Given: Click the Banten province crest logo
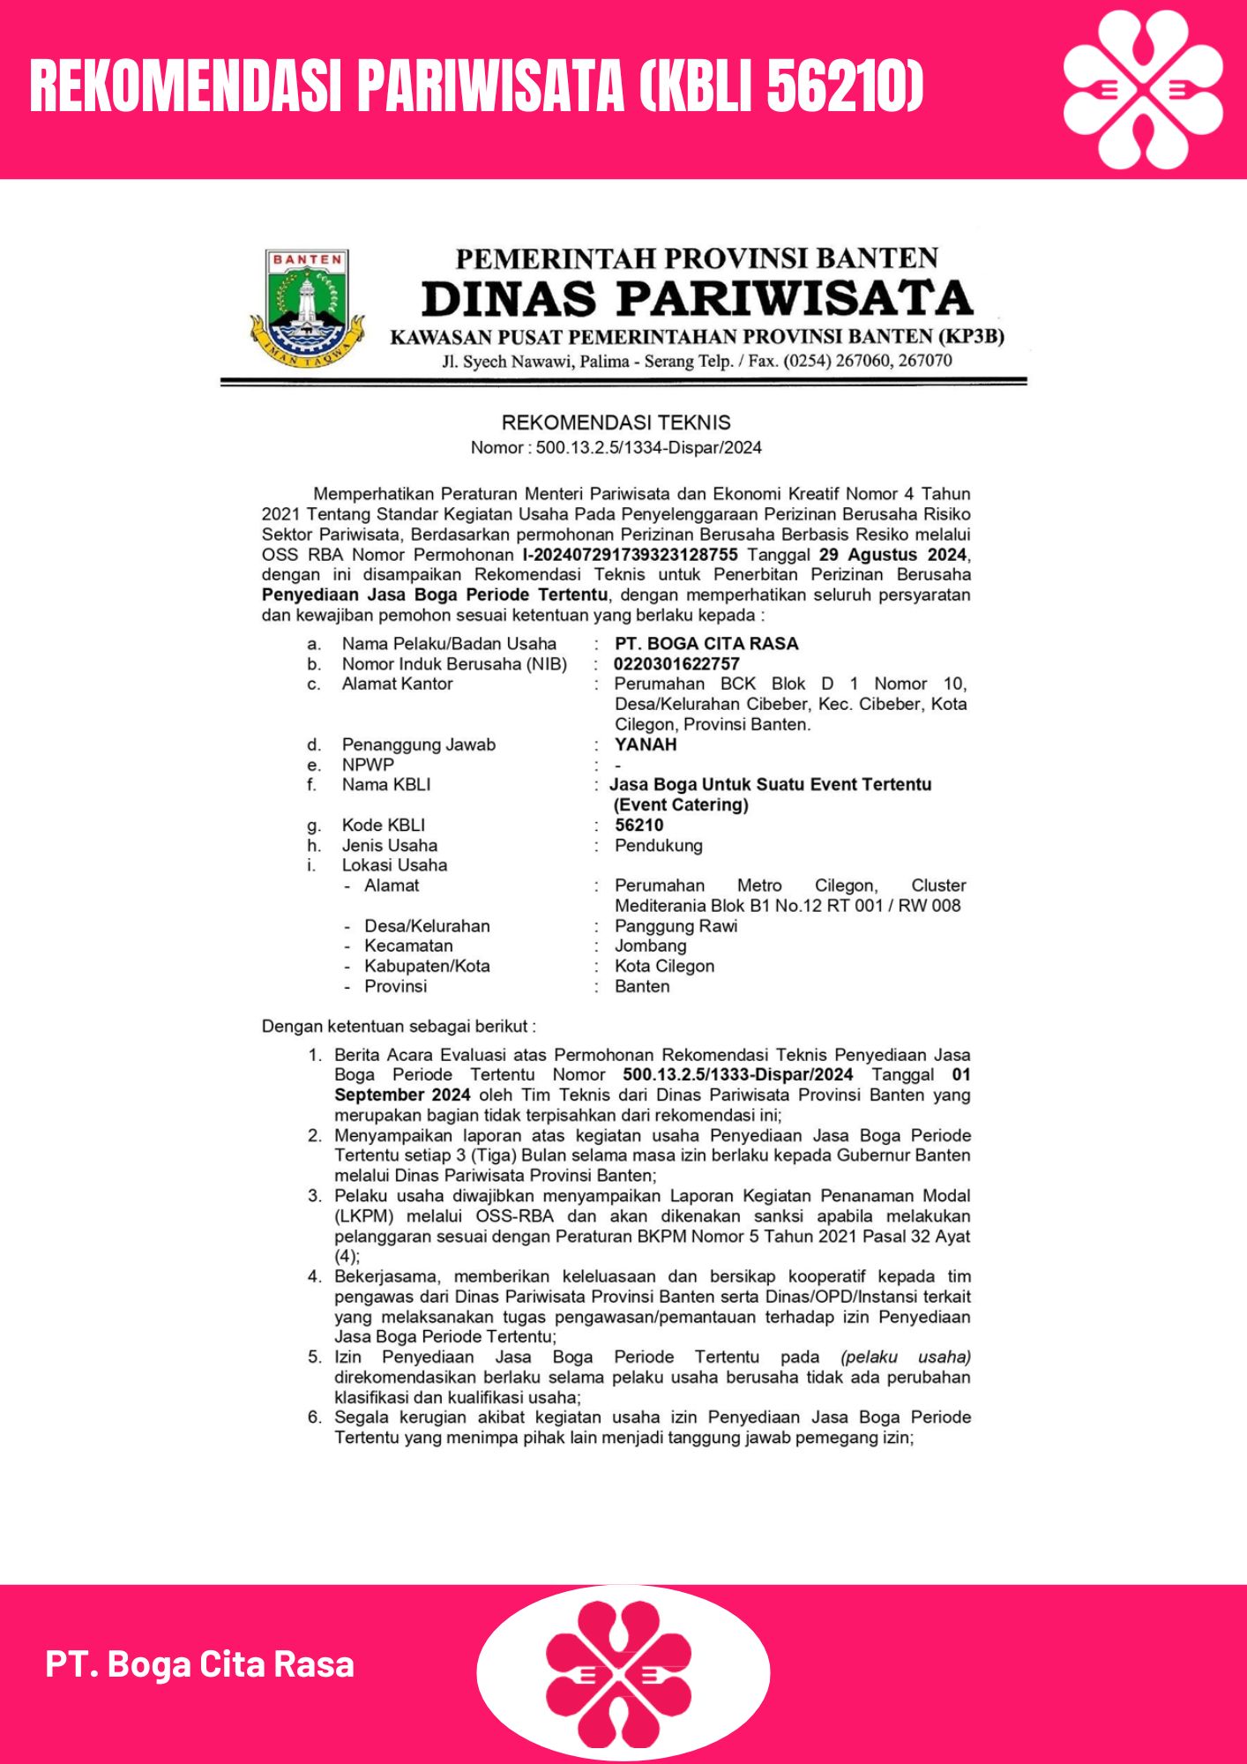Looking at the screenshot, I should point(307,308).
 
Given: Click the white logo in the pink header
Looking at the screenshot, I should point(1143,89).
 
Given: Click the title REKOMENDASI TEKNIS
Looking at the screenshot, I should point(616,422).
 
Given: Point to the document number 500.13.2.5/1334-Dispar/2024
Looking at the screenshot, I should point(648,448).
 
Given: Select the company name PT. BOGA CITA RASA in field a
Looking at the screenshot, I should point(706,644).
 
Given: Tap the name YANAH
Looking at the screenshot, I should point(646,744).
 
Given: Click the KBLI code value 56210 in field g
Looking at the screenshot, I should point(639,826).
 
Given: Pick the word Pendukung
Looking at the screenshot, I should point(659,846).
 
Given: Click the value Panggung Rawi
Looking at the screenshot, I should point(676,926).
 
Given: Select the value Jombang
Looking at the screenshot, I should point(650,946).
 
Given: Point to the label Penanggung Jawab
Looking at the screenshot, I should point(418,745).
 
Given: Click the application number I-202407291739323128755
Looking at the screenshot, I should point(630,555).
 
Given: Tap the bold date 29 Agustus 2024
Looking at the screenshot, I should point(892,555).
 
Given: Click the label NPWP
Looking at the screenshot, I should point(368,765).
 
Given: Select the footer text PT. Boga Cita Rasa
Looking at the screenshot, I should point(200,1664).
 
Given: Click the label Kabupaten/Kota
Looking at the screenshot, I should point(427,967).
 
